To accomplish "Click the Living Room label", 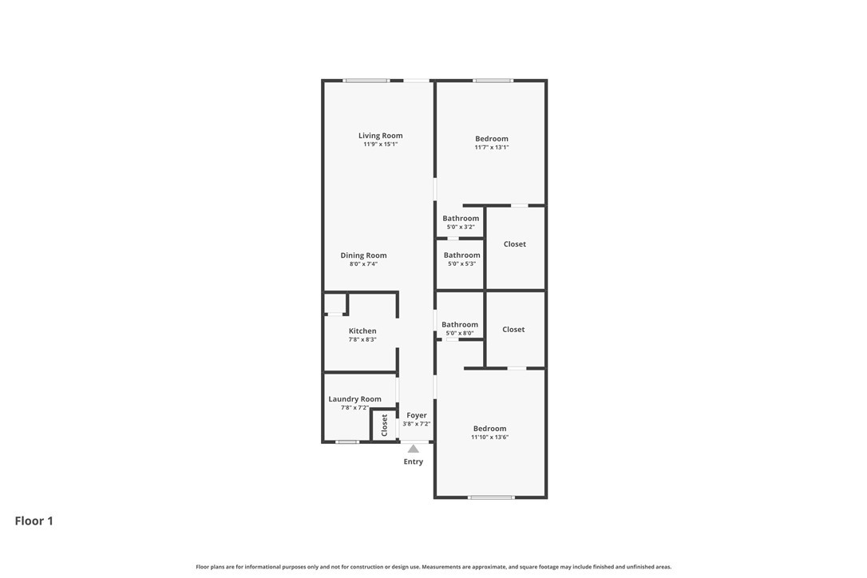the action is (x=381, y=136).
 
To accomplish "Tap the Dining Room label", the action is (x=363, y=255).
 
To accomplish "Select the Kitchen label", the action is (x=362, y=331).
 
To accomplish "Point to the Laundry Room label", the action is (x=354, y=399).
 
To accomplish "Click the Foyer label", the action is (x=417, y=415).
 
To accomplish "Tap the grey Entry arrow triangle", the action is (x=413, y=449).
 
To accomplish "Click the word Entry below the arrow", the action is (x=413, y=461).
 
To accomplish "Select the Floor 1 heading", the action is (x=34, y=521).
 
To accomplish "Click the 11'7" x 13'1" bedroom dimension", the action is (x=492, y=147).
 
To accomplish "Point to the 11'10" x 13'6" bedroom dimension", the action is (x=490, y=437).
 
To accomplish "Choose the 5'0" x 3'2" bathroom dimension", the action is (x=461, y=227).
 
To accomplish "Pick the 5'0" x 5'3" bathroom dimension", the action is (x=461, y=263).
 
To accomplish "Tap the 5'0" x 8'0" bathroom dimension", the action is (x=460, y=334).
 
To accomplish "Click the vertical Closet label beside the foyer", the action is (x=384, y=426).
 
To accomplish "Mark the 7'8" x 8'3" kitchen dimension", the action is (x=362, y=339).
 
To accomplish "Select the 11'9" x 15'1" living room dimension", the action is (x=381, y=144).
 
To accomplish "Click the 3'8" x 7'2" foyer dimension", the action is (x=417, y=424).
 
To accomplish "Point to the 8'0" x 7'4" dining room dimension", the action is (x=363, y=264).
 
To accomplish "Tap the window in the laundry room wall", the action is (x=346, y=441).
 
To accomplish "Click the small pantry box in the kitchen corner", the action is (x=335, y=303).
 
